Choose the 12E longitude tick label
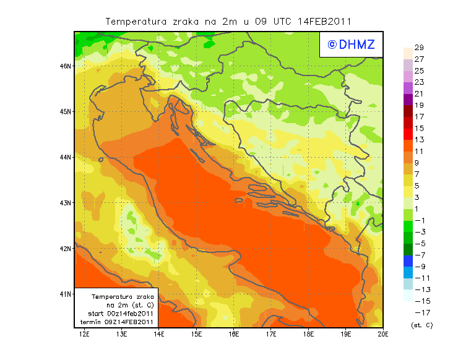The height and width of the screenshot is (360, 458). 85,334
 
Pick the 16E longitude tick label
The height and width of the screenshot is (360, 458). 233,334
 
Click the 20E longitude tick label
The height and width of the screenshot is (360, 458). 382,334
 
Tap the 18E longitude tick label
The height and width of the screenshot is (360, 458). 308,334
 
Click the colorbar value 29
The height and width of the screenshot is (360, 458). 418,48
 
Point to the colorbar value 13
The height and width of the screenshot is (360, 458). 418,140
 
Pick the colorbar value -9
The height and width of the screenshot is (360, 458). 418,267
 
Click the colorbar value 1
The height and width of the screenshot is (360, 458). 418,209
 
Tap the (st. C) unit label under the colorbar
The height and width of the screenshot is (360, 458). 421,325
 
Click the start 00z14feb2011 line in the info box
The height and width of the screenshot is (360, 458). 118,314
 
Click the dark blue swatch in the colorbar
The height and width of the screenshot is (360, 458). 407,261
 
